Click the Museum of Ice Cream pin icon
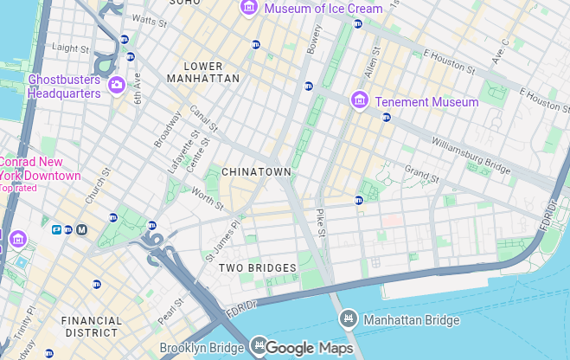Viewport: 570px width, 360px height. (x=250, y=9)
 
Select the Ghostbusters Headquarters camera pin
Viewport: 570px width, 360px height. (x=117, y=85)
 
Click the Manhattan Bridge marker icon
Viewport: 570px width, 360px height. (x=349, y=319)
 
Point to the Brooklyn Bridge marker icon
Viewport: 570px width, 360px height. (x=257, y=348)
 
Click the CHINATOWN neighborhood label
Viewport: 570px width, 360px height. (x=256, y=172)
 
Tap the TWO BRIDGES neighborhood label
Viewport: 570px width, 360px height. (x=257, y=268)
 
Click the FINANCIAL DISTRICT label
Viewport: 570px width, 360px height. (x=92, y=326)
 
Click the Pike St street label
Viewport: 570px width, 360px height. (x=319, y=222)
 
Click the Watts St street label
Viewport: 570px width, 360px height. (x=149, y=18)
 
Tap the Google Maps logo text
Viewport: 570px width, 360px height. (x=309, y=348)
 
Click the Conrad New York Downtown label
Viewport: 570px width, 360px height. (x=41, y=169)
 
